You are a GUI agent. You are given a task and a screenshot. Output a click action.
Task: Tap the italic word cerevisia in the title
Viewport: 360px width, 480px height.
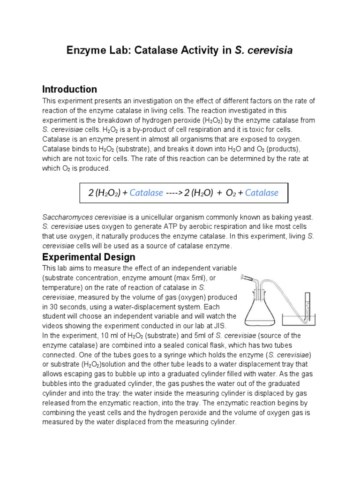pos(269,51)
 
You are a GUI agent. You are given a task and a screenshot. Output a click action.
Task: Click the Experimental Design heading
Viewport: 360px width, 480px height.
pos(89,257)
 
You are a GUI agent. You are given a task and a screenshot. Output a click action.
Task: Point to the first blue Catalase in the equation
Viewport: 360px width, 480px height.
pos(146,193)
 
